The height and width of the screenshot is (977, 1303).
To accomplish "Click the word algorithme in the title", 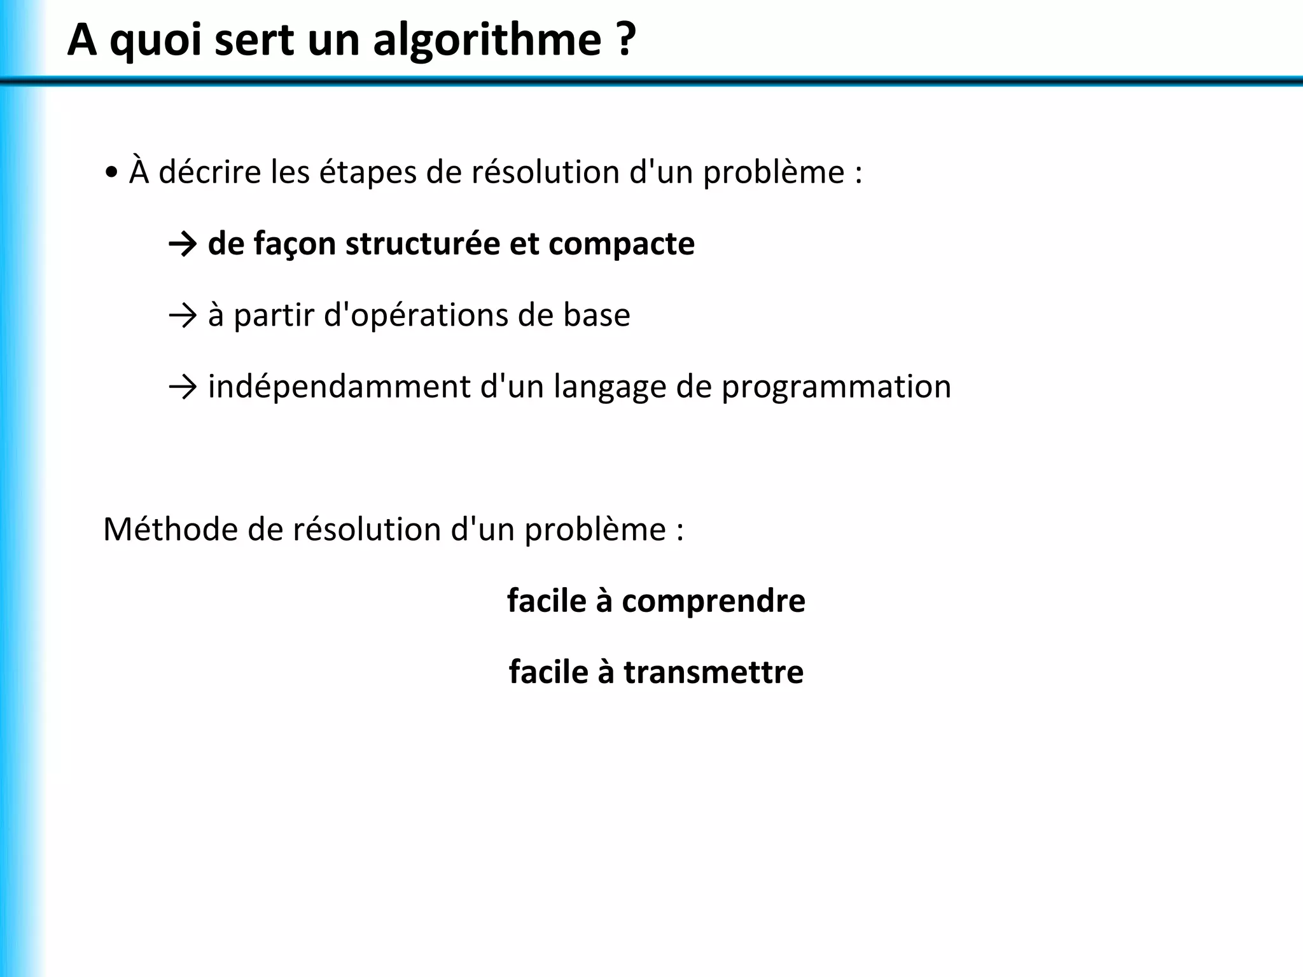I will [487, 41].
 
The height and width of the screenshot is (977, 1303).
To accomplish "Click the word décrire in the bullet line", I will [210, 173].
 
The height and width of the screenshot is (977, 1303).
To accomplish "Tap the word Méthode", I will [170, 529].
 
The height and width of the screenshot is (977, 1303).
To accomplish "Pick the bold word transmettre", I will [713, 672].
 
